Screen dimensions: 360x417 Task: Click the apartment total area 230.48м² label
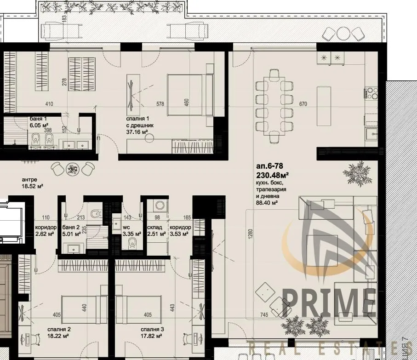point(272,175)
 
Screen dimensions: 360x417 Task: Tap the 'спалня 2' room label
point(58,329)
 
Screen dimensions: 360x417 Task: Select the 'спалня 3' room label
point(153,329)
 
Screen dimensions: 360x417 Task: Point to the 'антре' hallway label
point(29,180)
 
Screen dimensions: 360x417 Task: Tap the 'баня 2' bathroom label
point(71,228)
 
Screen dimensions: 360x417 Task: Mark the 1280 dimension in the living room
point(250,235)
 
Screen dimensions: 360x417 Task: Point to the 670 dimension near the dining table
point(303,104)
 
